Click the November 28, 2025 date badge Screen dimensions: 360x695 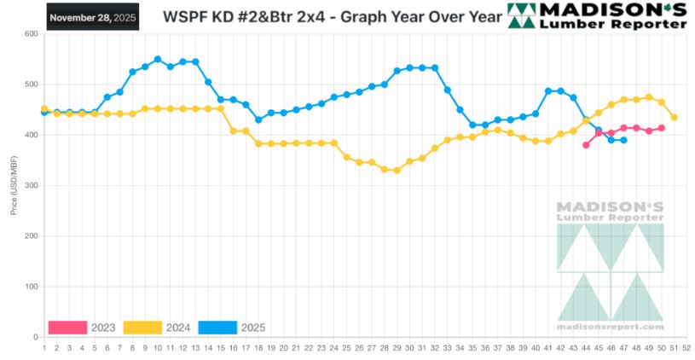[91, 17]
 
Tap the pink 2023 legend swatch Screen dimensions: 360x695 [67, 327]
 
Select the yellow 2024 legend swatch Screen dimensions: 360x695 [142, 327]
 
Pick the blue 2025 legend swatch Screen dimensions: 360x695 [217, 327]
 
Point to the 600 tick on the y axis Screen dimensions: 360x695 [31, 34]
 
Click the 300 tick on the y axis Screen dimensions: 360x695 [31, 186]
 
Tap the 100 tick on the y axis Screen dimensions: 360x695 [31, 287]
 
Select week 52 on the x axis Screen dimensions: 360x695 [686, 347]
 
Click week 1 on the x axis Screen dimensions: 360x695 [43, 347]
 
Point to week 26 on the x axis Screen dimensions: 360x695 [359, 347]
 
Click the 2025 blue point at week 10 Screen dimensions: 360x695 [158, 60]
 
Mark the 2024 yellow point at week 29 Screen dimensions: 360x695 [397, 171]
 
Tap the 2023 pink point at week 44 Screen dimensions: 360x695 [586, 145]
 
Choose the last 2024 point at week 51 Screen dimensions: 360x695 [674, 117]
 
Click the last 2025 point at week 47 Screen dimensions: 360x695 [623, 140]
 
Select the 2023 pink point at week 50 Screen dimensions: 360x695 [662, 128]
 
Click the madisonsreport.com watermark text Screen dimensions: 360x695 [610, 327]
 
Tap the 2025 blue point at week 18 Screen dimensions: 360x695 [258, 119]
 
